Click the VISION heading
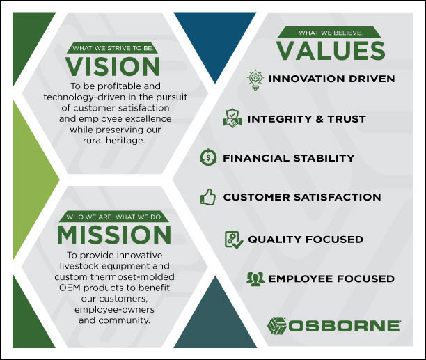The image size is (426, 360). point(113,66)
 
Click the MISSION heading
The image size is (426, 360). point(114,233)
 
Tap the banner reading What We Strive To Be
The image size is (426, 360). point(113,48)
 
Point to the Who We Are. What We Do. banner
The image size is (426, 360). point(113,217)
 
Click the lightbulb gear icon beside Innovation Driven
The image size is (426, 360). point(255,79)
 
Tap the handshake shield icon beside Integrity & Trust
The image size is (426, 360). point(232,118)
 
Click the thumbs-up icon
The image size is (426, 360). point(207,197)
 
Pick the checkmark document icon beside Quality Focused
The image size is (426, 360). point(233,240)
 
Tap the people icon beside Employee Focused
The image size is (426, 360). point(255,279)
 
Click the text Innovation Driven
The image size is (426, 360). point(331,79)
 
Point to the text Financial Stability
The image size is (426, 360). point(288,158)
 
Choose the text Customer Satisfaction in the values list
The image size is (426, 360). point(301,197)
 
